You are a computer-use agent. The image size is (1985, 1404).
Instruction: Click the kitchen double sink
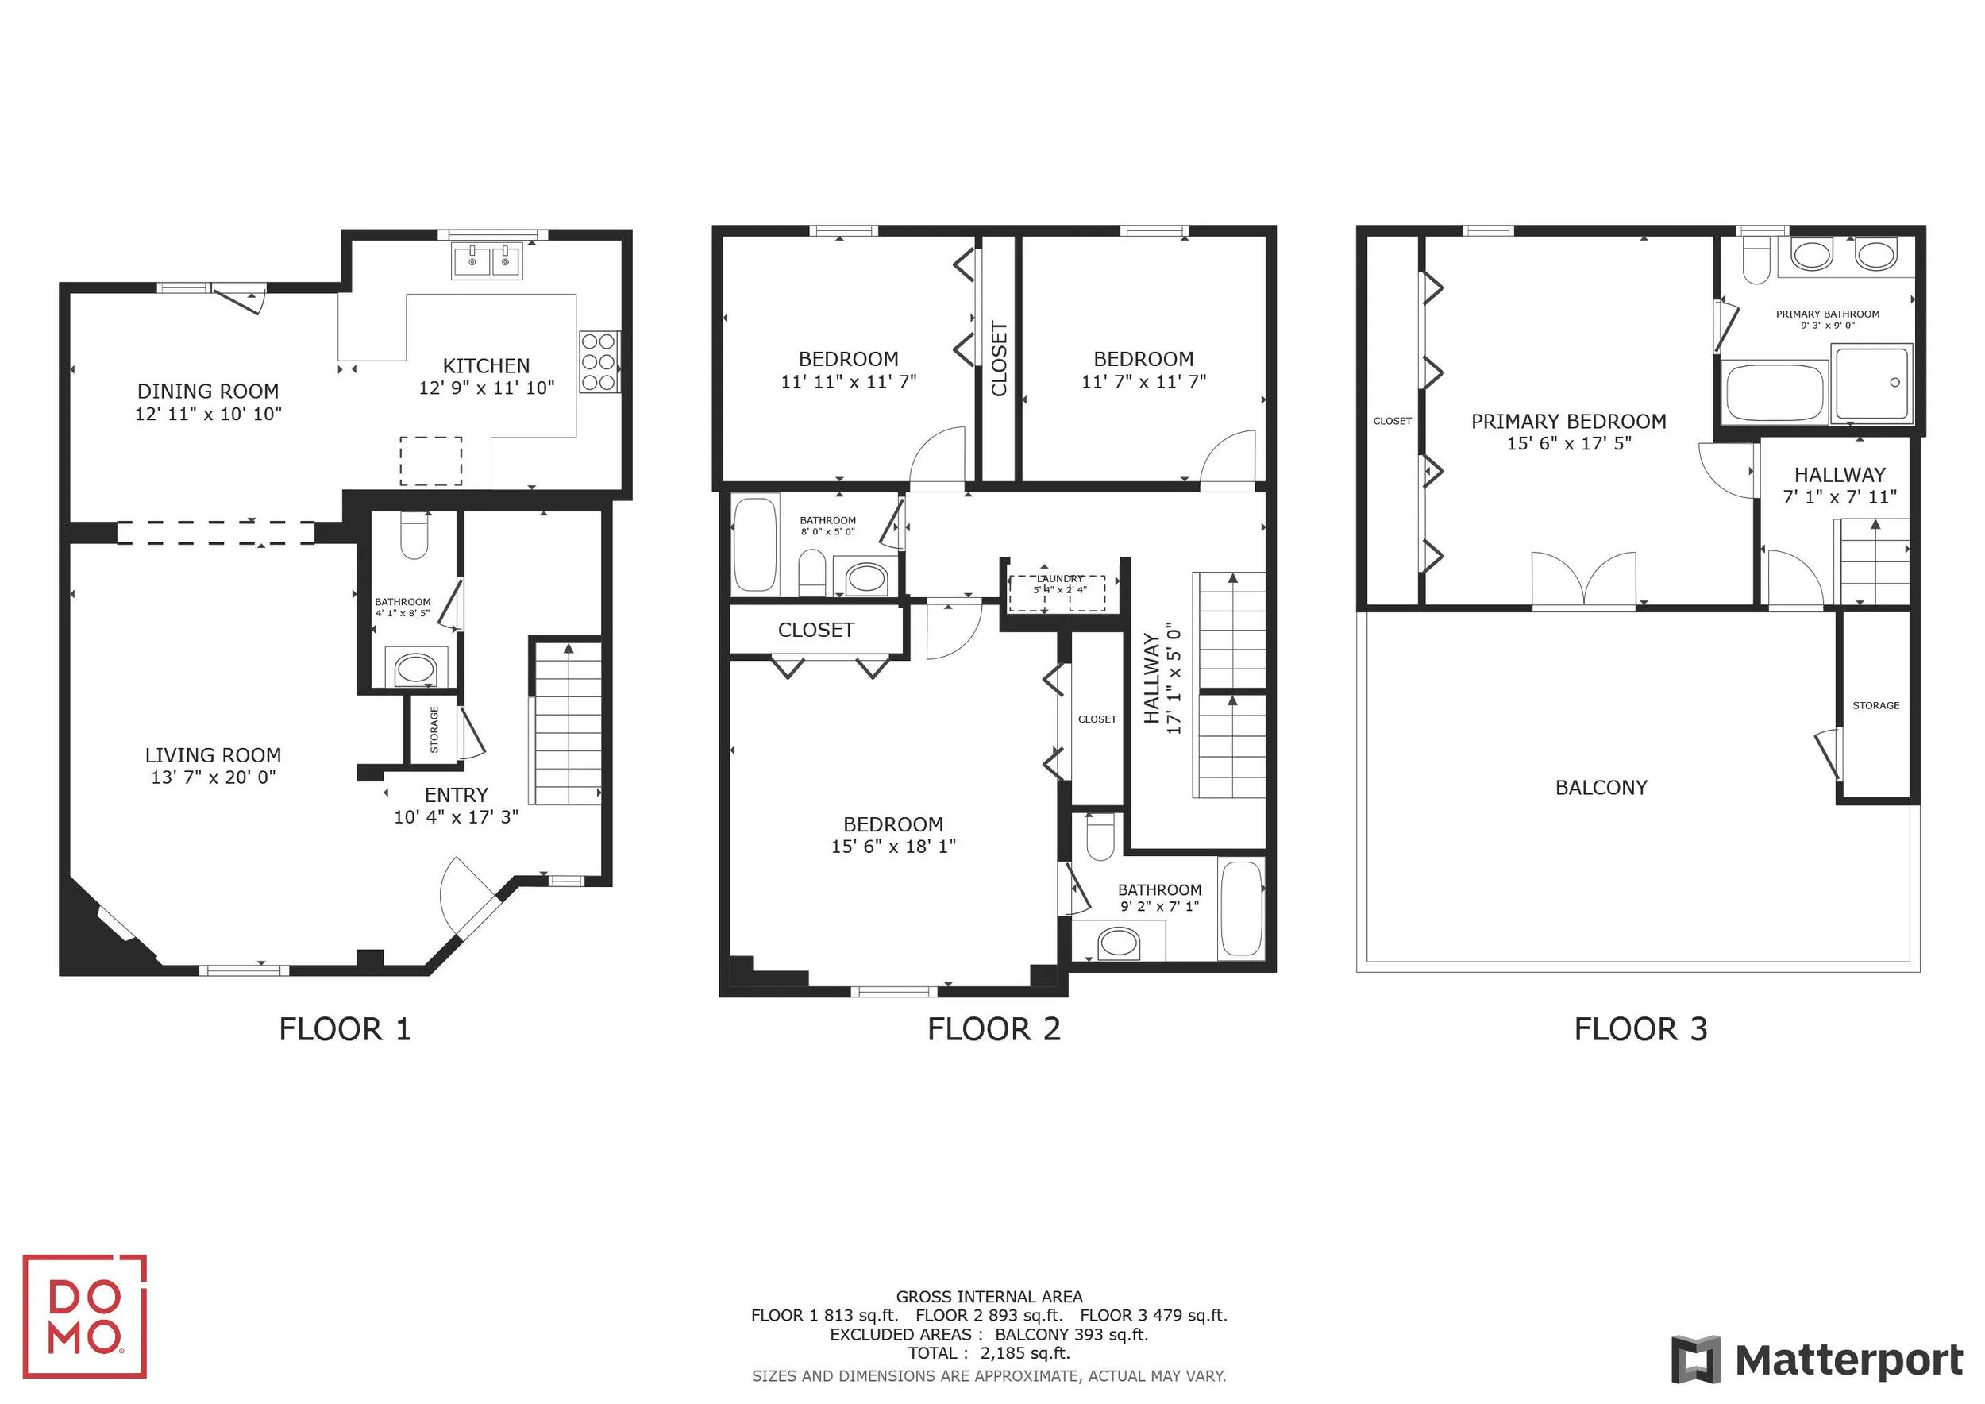point(487,260)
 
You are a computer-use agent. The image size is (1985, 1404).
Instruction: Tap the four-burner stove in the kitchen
point(598,361)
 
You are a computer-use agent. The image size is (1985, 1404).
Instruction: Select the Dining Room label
point(208,391)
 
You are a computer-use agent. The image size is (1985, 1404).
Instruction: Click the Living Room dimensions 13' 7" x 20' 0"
point(214,777)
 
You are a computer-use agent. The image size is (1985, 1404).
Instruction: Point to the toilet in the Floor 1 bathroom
point(415,535)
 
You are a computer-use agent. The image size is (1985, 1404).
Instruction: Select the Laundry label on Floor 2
point(1060,578)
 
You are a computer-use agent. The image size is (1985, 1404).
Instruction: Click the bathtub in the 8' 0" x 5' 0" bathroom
point(755,545)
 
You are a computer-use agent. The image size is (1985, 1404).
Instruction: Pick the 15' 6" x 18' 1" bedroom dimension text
point(894,847)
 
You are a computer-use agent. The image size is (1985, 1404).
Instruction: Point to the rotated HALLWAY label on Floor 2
point(1151,678)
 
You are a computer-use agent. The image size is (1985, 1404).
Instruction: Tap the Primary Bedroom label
point(1569,421)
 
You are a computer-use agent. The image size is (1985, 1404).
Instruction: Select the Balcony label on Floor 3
point(1601,788)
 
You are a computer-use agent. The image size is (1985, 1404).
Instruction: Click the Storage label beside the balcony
point(1876,705)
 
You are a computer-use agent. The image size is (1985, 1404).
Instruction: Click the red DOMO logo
point(85,1316)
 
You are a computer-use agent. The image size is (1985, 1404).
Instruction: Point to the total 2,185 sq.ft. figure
point(1025,1353)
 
